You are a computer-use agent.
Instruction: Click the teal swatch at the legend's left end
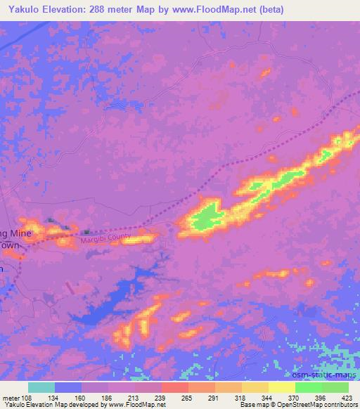coord(41,387)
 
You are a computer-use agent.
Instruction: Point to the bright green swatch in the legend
coord(309,387)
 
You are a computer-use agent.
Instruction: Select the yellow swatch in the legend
coord(281,387)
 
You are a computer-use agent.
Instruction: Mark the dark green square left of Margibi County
coord(86,232)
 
